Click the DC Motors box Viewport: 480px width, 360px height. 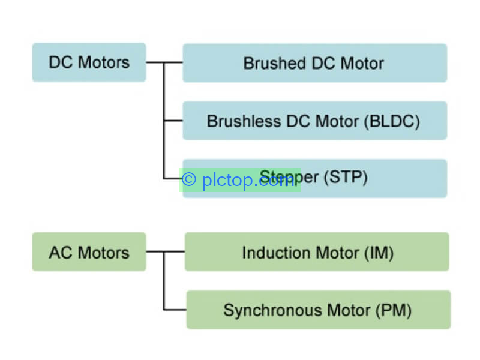coord(89,62)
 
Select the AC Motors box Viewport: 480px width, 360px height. coord(89,251)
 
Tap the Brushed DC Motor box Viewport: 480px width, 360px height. coord(314,63)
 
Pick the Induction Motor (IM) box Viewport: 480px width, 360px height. coord(317,251)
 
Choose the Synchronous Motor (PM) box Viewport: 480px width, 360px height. coord(319,310)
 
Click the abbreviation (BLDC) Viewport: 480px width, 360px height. coord(392,121)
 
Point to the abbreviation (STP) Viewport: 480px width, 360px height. coord(346,177)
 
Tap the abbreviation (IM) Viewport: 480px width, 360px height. coord(379,253)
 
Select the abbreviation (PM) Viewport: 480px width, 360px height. coord(394,311)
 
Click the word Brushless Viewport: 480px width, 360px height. coord(244,121)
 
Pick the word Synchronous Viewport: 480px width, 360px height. coord(273,311)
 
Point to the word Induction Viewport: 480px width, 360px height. coord(276,253)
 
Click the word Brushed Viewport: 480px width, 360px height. coord(275,64)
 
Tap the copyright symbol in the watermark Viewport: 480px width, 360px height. coord(189,179)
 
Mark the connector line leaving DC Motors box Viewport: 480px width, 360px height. coord(155,62)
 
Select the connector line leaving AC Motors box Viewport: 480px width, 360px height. coord(155,251)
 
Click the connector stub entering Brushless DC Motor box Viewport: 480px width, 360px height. coord(173,121)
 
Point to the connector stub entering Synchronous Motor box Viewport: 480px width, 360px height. coord(175,310)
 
